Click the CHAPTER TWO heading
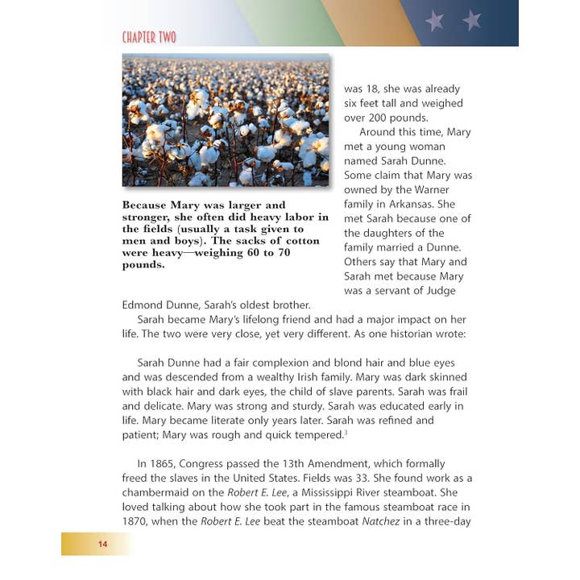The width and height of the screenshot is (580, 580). click(x=149, y=37)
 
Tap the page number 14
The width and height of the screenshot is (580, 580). click(x=102, y=545)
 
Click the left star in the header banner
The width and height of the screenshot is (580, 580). click(x=435, y=20)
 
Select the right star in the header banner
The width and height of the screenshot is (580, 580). click(x=472, y=20)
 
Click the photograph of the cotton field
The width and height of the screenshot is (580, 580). click(x=226, y=121)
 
